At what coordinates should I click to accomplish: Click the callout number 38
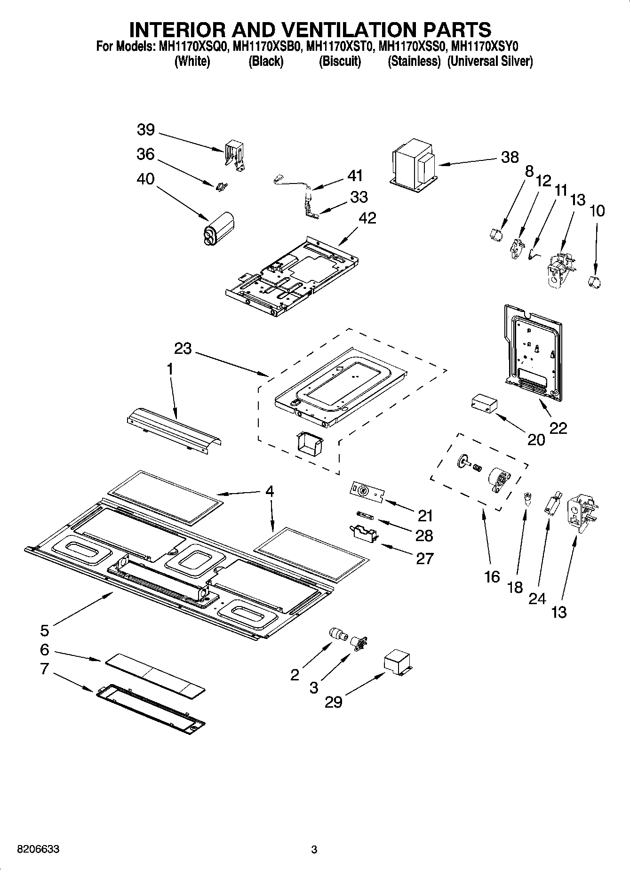[510, 157]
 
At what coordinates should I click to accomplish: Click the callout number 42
[367, 218]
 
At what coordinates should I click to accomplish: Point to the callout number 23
[183, 349]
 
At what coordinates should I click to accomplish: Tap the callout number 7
[44, 669]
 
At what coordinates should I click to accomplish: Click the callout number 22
[558, 428]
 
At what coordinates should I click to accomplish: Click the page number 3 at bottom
[314, 850]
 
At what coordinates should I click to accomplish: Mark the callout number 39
[146, 130]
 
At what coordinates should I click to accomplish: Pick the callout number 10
[597, 210]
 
